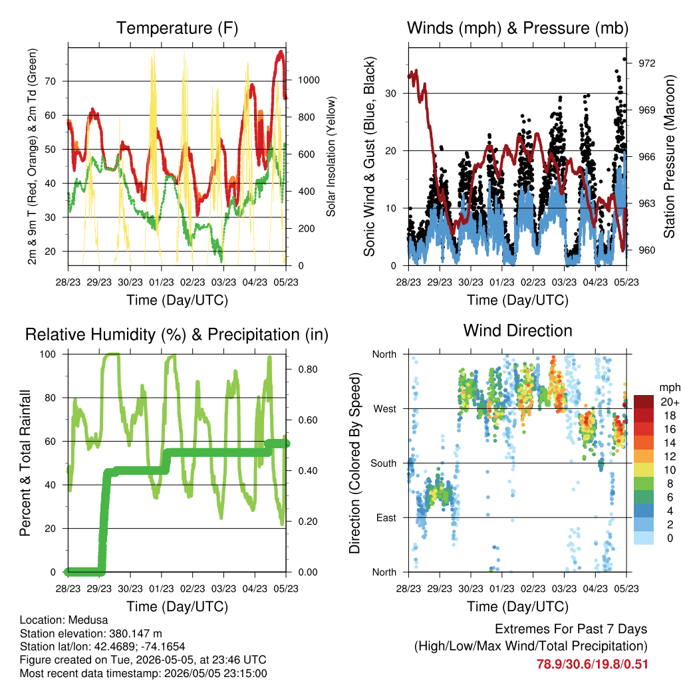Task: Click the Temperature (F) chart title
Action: click(x=177, y=28)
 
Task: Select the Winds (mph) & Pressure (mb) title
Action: click(x=517, y=28)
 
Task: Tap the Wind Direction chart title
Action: click(x=517, y=331)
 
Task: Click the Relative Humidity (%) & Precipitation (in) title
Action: click(x=177, y=335)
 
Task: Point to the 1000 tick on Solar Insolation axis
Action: click(x=309, y=80)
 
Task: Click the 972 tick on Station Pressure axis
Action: click(x=646, y=63)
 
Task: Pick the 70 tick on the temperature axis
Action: click(x=51, y=81)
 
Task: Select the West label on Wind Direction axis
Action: click(x=385, y=409)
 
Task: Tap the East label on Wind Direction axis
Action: click(x=386, y=517)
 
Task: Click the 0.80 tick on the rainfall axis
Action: click(x=308, y=370)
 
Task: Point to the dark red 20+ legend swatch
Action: click(x=644, y=401)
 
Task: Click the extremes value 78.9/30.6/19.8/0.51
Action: click(x=592, y=664)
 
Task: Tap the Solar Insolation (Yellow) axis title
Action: click(x=331, y=156)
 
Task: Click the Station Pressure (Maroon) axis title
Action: click(x=669, y=156)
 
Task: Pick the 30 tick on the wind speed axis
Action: click(x=390, y=93)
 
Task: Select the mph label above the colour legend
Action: click(x=669, y=388)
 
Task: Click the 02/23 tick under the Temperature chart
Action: click(x=192, y=282)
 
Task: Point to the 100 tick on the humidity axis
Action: click(x=48, y=354)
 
